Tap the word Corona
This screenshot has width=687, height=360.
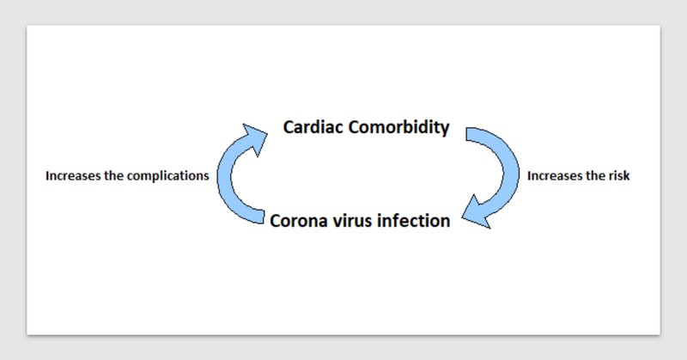[x=298, y=220]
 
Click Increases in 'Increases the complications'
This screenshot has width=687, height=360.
[x=71, y=175]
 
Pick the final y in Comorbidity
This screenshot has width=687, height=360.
[x=444, y=131]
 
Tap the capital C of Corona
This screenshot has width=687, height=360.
[x=276, y=220]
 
